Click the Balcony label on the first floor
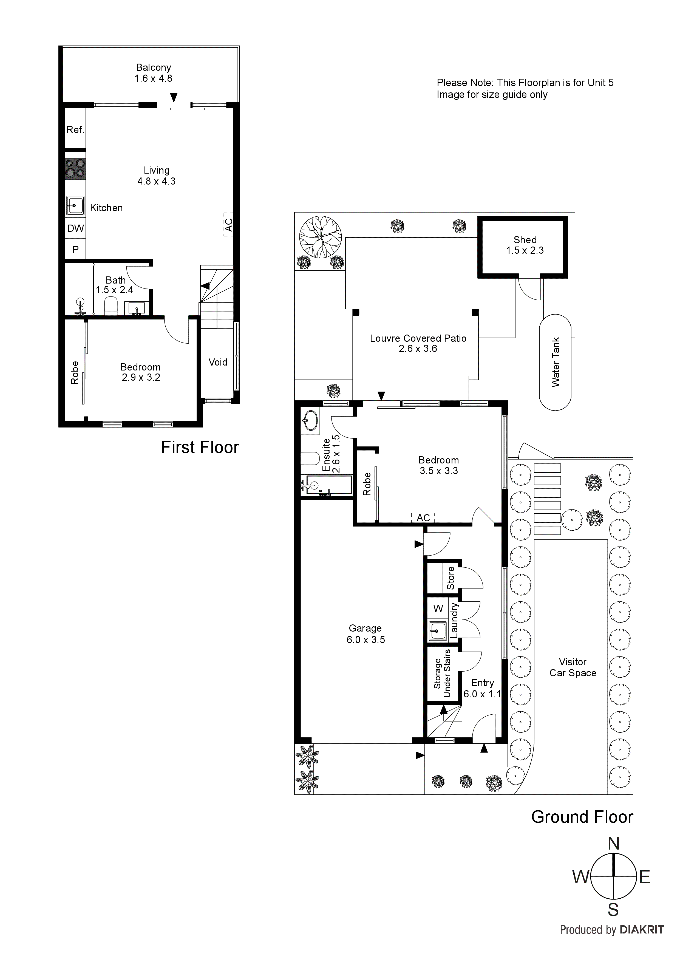click(153, 67)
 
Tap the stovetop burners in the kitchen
click(75, 168)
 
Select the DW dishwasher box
click(75, 228)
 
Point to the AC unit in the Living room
click(228, 225)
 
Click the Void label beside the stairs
click(218, 362)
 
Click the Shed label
click(525, 240)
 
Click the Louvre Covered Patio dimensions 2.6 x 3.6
click(418, 349)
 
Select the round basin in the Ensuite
click(310, 420)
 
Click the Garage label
click(365, 628)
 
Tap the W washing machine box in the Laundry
click(438, 608)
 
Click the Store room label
click(451, 578)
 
